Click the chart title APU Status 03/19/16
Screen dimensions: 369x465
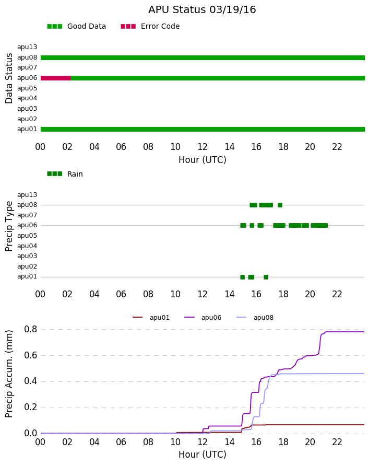coord(202,9)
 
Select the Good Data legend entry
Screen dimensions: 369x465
coord(76,26)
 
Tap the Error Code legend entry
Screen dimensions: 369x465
coord(150,26)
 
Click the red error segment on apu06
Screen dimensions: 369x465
coord(55,78)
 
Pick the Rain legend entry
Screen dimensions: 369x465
coord(65,174)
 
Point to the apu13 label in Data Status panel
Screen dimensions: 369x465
coord(27,47)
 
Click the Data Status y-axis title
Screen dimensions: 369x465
coord(9,78)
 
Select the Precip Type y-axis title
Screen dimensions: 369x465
coord(9,226)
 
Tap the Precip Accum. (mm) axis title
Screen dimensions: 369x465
coord(9,374)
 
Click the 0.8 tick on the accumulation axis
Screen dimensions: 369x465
coord(30,329)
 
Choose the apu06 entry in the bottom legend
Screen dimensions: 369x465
coord(203,317)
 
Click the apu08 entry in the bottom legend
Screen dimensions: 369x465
coord(255,317)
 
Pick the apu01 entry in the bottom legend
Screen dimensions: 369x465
coord(151,317)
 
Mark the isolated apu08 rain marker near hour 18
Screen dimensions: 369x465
coord(280,205)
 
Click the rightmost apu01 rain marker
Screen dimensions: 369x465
coord(266,277)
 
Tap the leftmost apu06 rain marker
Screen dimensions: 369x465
coord(243,225)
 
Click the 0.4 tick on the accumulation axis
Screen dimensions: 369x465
coord(30,381)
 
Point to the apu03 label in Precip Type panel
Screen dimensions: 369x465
coord(27,256)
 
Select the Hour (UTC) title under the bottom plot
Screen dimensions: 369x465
coord(203,455)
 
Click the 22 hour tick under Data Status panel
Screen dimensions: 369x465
coord(337,147)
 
